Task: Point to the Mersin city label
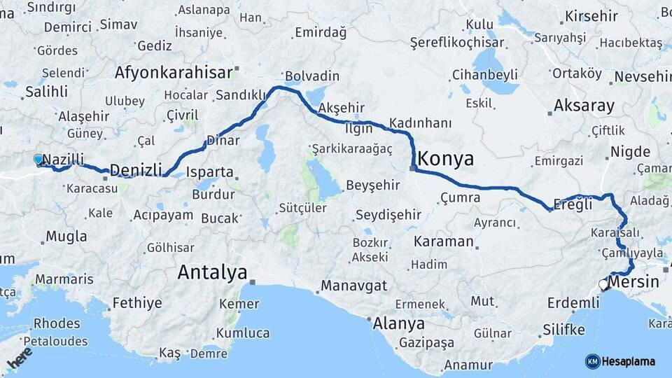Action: tap(633, 282)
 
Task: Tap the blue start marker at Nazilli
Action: tap(38, 160)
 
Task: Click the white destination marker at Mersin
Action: tap(603, 284)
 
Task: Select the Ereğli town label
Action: tap(573, 204)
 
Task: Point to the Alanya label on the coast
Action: tap(398, 323)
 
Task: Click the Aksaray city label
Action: tap(584, 106)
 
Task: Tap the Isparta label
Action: tap(211, 171)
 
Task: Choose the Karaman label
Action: tap(443, 241)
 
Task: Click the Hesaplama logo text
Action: tap(629, 361)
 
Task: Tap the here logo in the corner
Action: tap(19, 358)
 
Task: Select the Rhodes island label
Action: tap(57, 323)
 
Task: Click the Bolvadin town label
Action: tap(311, 76)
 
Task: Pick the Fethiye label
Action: tap(136, 303)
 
